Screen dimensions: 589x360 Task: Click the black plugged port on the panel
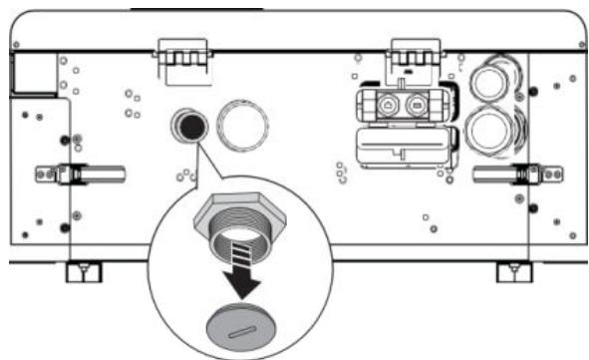coord(187,125)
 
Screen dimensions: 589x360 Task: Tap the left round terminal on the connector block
coord(386,104)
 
